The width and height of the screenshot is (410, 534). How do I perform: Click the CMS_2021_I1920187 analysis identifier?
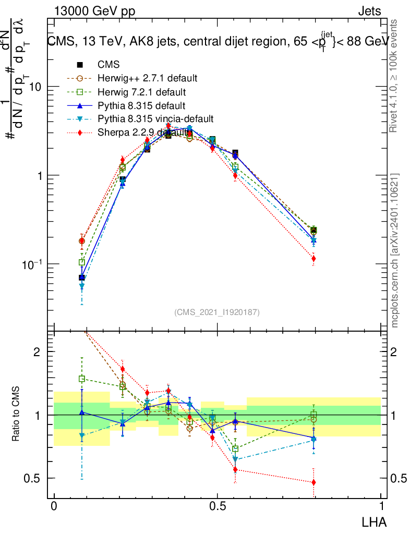(x=217, y=312)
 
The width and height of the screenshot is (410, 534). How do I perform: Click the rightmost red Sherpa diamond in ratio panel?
(x=313, y=483)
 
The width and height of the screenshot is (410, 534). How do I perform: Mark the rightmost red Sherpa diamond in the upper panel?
(x=313, y=258)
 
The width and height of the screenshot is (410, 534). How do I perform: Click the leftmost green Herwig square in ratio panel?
(x=81, y=379)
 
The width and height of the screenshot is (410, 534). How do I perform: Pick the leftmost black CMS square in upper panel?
(x=81, y=277)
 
